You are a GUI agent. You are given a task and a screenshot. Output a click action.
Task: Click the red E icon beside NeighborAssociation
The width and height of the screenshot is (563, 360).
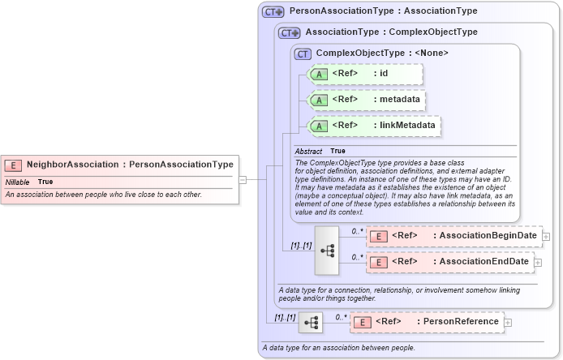point(13,165)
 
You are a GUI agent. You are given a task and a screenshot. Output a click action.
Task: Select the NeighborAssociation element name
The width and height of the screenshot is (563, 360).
point(72,165)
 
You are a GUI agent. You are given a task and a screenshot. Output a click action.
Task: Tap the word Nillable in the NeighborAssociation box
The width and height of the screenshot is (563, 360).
point(17,182)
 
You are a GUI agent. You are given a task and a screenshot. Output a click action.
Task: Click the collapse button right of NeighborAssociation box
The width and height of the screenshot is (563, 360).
point(243,180)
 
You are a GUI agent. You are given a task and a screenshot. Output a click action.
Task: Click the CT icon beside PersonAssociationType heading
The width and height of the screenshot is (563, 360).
point(272,12)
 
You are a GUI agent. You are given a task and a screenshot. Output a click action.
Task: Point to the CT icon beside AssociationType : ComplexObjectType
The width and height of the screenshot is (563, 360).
point(289,32)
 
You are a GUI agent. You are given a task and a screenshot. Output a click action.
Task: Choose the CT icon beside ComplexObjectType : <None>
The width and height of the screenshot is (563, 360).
point(303,54)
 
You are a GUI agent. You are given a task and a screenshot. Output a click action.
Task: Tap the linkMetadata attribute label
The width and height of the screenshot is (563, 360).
point(408,126)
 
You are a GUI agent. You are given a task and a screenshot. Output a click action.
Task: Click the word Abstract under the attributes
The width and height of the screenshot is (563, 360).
point(307,152)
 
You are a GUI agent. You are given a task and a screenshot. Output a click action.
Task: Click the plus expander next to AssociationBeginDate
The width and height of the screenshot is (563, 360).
point(546,237)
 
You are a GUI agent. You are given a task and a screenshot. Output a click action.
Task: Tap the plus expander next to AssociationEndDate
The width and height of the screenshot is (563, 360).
point(538,263)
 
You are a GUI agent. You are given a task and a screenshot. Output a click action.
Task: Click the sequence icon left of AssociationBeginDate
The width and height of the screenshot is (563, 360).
point(327,250)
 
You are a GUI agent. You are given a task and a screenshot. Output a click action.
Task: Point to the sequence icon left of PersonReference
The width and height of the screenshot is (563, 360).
point(310,322)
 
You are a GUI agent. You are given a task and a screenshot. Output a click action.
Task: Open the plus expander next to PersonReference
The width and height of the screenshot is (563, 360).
point(508,323)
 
